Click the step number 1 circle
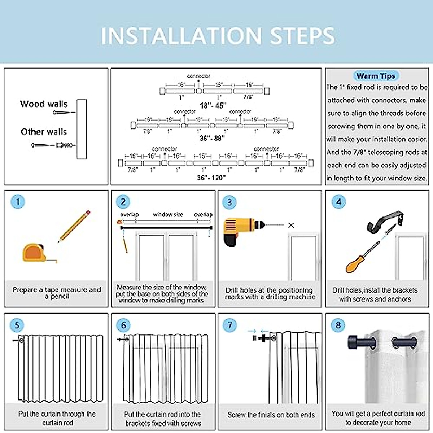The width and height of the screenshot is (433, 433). pos(18,201)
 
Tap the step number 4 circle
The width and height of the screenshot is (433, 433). pos(338,202)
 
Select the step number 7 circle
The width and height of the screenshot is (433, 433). pos(229,325)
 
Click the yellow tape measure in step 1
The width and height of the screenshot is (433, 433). pos(35,253)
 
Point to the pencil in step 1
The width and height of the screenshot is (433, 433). pos(74,226)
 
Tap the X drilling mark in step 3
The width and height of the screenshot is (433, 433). pos(291,225)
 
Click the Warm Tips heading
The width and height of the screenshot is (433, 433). pos(376,76)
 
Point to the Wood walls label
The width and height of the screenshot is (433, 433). pos(44,104)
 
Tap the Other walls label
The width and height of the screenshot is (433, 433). pos(44,132)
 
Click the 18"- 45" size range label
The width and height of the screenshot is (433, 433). pos(213,105)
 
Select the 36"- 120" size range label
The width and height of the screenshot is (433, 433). pos(211,178)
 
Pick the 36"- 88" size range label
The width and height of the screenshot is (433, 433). pos(212,138)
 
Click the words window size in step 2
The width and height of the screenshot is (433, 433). pos(168,214)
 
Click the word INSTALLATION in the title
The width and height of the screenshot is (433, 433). pos(181,36)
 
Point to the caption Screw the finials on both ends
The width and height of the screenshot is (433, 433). pos(271,415)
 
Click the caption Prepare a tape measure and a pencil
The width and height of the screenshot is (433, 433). pos(57,293)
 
